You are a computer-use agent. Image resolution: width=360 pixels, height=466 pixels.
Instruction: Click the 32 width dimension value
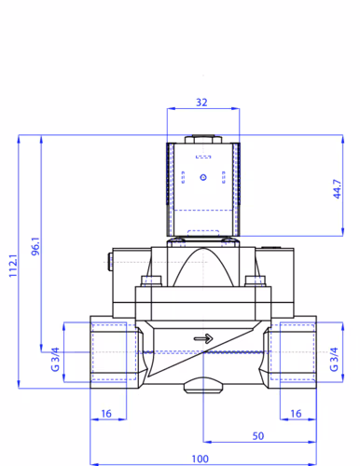pyautogui.click(x=201, y=103)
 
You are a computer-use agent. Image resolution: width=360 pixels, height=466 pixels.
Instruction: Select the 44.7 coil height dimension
pyautogui.click(x=337, y=189)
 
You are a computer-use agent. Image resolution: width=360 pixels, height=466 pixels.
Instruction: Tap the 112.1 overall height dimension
pyautogui.click(x=13, y=266)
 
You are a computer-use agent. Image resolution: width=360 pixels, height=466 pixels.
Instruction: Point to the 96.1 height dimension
pyautogui.click(x=35, y=246)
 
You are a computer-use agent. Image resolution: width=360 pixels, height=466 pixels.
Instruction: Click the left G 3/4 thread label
pyautogui.click(x=55, y=359)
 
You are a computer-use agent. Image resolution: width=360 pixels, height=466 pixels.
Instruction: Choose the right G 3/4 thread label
pyautogui.click(x=334, y=359)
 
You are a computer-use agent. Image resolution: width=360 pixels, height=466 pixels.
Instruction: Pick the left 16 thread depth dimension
pyautogui.click(x=106, y=414)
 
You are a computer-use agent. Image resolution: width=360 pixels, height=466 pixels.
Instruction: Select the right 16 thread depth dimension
pyautogui.click(x=296, y=414)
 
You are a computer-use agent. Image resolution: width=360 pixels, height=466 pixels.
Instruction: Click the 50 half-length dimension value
pyautogui.click(x=258, y=436)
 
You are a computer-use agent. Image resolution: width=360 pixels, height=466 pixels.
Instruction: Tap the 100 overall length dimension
pyautogui.click(x=200, y=459)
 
